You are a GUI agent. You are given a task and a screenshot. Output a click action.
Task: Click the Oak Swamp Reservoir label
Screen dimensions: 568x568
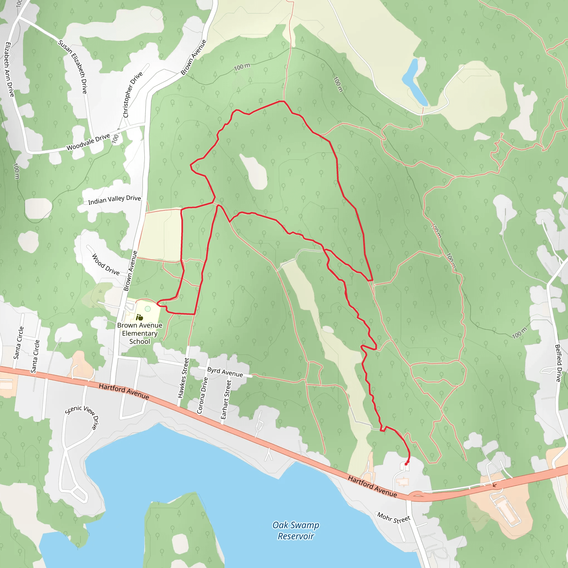pos(296,530)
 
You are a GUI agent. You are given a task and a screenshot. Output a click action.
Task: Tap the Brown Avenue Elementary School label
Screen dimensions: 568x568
pos(140,333)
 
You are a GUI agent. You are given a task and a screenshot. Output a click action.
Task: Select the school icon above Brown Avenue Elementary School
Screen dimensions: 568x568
pos(139,317)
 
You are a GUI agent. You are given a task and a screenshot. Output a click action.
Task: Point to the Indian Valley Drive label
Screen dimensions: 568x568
pos(114,200)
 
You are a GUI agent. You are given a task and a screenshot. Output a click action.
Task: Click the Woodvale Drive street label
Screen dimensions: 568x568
pos(88,142)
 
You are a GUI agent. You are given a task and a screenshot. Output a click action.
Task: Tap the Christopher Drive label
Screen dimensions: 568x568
pos(133,94)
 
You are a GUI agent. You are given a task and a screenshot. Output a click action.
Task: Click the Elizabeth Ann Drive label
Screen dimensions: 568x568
pos(9,69)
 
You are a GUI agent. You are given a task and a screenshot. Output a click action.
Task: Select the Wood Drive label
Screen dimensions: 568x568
pos(106,265)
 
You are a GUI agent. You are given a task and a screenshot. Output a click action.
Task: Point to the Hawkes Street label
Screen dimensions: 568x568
pos(183,378)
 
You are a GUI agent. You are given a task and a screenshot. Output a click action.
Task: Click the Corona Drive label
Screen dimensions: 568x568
pos(202,395)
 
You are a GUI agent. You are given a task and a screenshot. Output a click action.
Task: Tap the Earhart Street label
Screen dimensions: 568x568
pos(226,400)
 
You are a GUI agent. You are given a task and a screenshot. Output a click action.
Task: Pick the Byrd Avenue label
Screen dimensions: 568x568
pos(225,372)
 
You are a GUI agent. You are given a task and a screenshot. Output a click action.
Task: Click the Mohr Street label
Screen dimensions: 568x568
pos(394,518)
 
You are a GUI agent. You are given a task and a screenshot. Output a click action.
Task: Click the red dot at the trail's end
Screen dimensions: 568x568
pos(406,464)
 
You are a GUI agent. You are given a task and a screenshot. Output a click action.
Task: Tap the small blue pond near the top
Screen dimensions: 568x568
pos(414,82)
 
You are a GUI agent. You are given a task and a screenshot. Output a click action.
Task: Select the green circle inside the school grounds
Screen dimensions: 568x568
pos(148,309)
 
